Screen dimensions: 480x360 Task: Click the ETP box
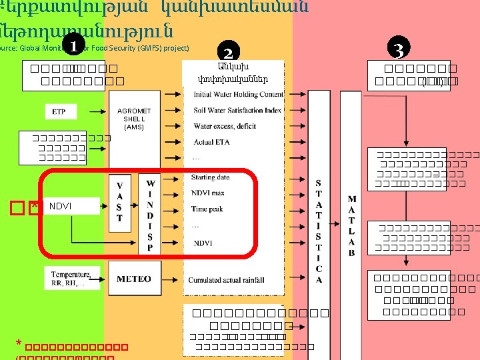point(59,111)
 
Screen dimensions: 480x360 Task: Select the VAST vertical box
point(119,203)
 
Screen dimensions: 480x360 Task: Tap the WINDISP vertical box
point(150,214)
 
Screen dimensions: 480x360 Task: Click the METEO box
point(134,279)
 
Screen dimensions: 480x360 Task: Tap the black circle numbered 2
point(228,53)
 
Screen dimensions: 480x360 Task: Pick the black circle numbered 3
point(398,49)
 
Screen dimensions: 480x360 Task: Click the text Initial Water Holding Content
point(237,95)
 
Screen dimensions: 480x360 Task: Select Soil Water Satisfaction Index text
point(237,110)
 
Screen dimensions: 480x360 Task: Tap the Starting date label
point(210,177)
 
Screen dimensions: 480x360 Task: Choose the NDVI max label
point(208,193)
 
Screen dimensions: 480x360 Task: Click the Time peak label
point(207,209)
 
